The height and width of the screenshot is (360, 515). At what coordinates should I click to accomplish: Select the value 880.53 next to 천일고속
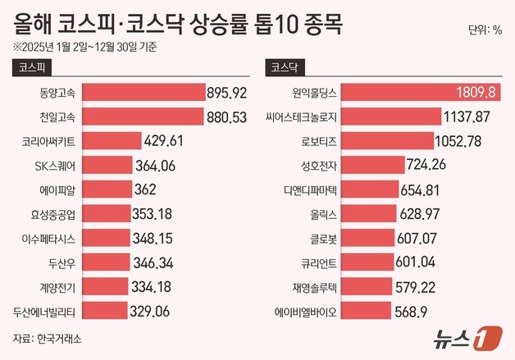coord(227,117)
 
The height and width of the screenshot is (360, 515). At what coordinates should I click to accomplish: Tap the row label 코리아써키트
coord(47,141)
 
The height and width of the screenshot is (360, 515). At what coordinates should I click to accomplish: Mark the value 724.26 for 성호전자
coord(433,166)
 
